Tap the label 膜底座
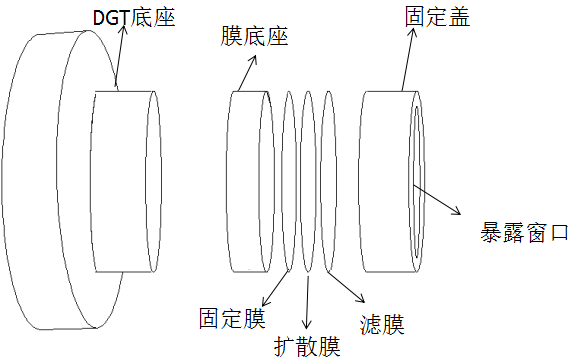click(254, 38)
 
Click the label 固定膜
click(231, 319)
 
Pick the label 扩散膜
click(307, 346)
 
